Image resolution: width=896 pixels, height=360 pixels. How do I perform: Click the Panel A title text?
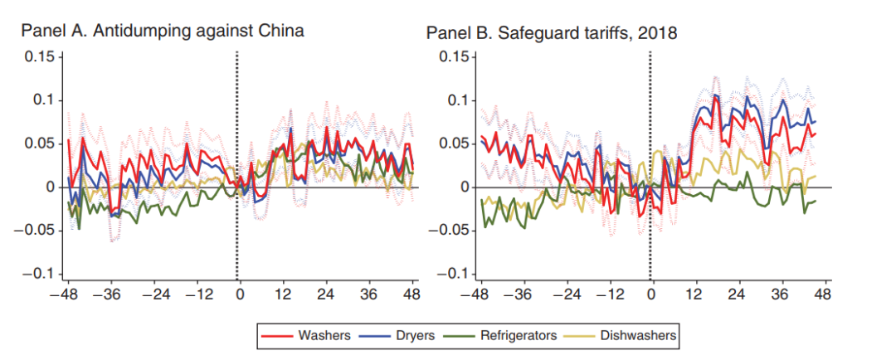pyautogui.click(x=163, y=32)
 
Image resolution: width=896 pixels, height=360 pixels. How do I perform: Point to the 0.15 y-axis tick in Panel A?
pyautogui.click(x=39, y=56)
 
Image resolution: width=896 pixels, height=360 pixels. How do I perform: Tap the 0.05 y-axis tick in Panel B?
pyautogui.click(x=454, y=144)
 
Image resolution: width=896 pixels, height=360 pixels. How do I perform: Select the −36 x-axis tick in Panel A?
pyautogui.click(x=107, y=294)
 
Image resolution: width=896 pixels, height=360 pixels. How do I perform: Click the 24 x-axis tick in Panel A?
pyautogui.click(x=325, y=294)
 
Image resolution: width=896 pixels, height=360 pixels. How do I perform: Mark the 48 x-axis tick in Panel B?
pyautogui.click(x=822, y=294)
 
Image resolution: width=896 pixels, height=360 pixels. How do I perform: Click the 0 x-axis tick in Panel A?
pyautogui.click(x=239, y=294)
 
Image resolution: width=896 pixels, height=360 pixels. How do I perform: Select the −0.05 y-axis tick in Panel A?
pyautogui.click(x=36, y=231)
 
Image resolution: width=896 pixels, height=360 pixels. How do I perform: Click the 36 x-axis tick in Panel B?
pyautogui.click(x=779, y=294)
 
